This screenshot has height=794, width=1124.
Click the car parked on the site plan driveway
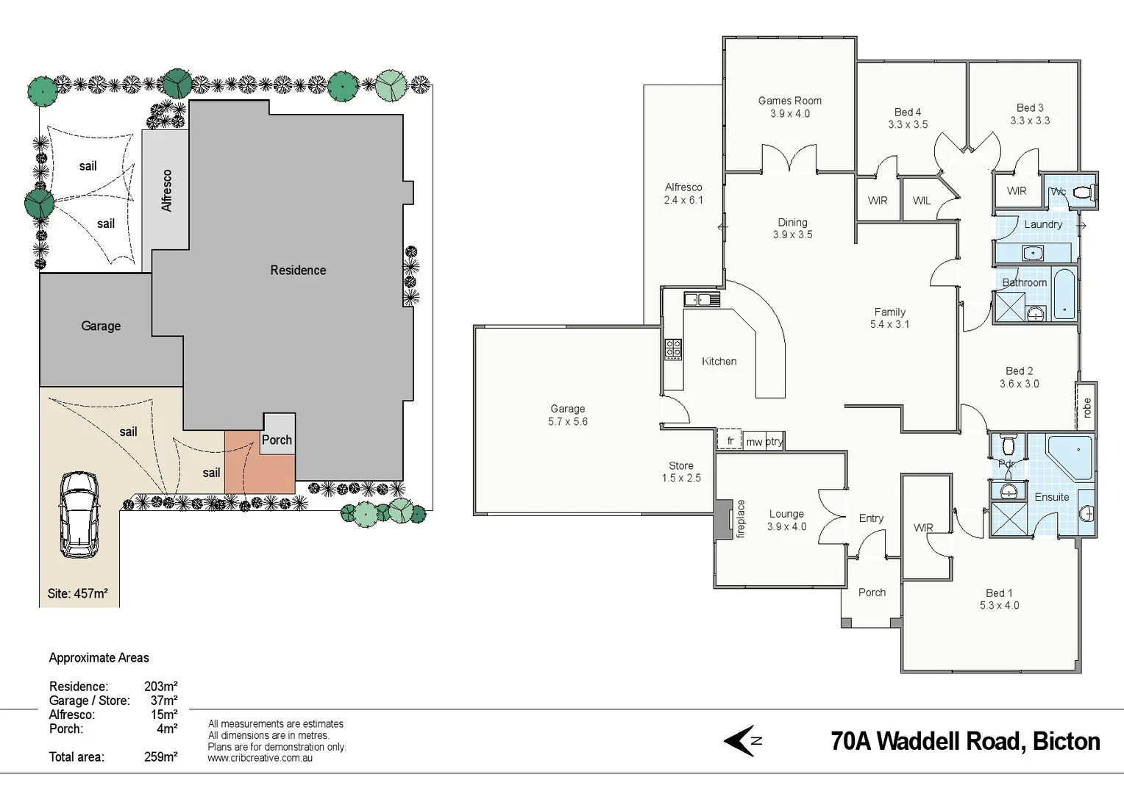(79, 515)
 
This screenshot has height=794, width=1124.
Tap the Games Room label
(789, 107)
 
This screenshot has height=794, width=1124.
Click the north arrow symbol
(741, 740)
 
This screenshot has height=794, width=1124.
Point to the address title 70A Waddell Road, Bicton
(965, 741)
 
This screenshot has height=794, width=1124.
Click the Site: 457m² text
(77, 593)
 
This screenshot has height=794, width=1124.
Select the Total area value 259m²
(160, 757)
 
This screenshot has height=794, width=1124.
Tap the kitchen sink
(701, 299)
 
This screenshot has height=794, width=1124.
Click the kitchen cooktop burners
(673, 348)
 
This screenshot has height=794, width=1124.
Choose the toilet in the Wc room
(1081, 193)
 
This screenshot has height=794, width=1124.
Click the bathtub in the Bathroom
(1064, 295)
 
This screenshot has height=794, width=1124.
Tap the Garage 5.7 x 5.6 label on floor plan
(567, 415)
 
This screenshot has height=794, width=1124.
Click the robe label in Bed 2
(1086, 407)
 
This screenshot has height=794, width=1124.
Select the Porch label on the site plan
(277, 440)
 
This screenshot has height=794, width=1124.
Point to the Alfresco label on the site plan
(166, 190)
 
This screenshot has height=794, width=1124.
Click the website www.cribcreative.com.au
(260, 758)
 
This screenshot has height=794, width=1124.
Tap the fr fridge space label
(730, 441)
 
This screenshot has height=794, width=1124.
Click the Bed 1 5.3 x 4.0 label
(999, 599)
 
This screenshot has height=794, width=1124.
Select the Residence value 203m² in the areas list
(160, 687)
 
